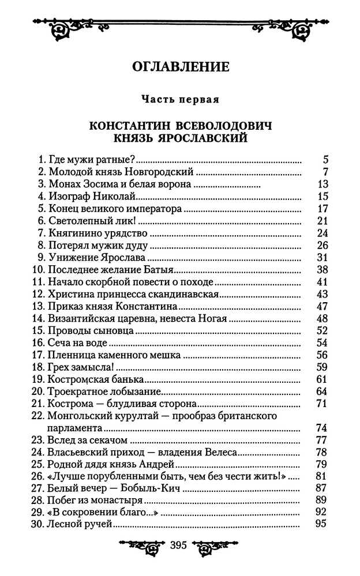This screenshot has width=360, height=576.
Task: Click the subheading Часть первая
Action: (180, 99)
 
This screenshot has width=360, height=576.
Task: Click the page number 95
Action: (322, 524)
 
